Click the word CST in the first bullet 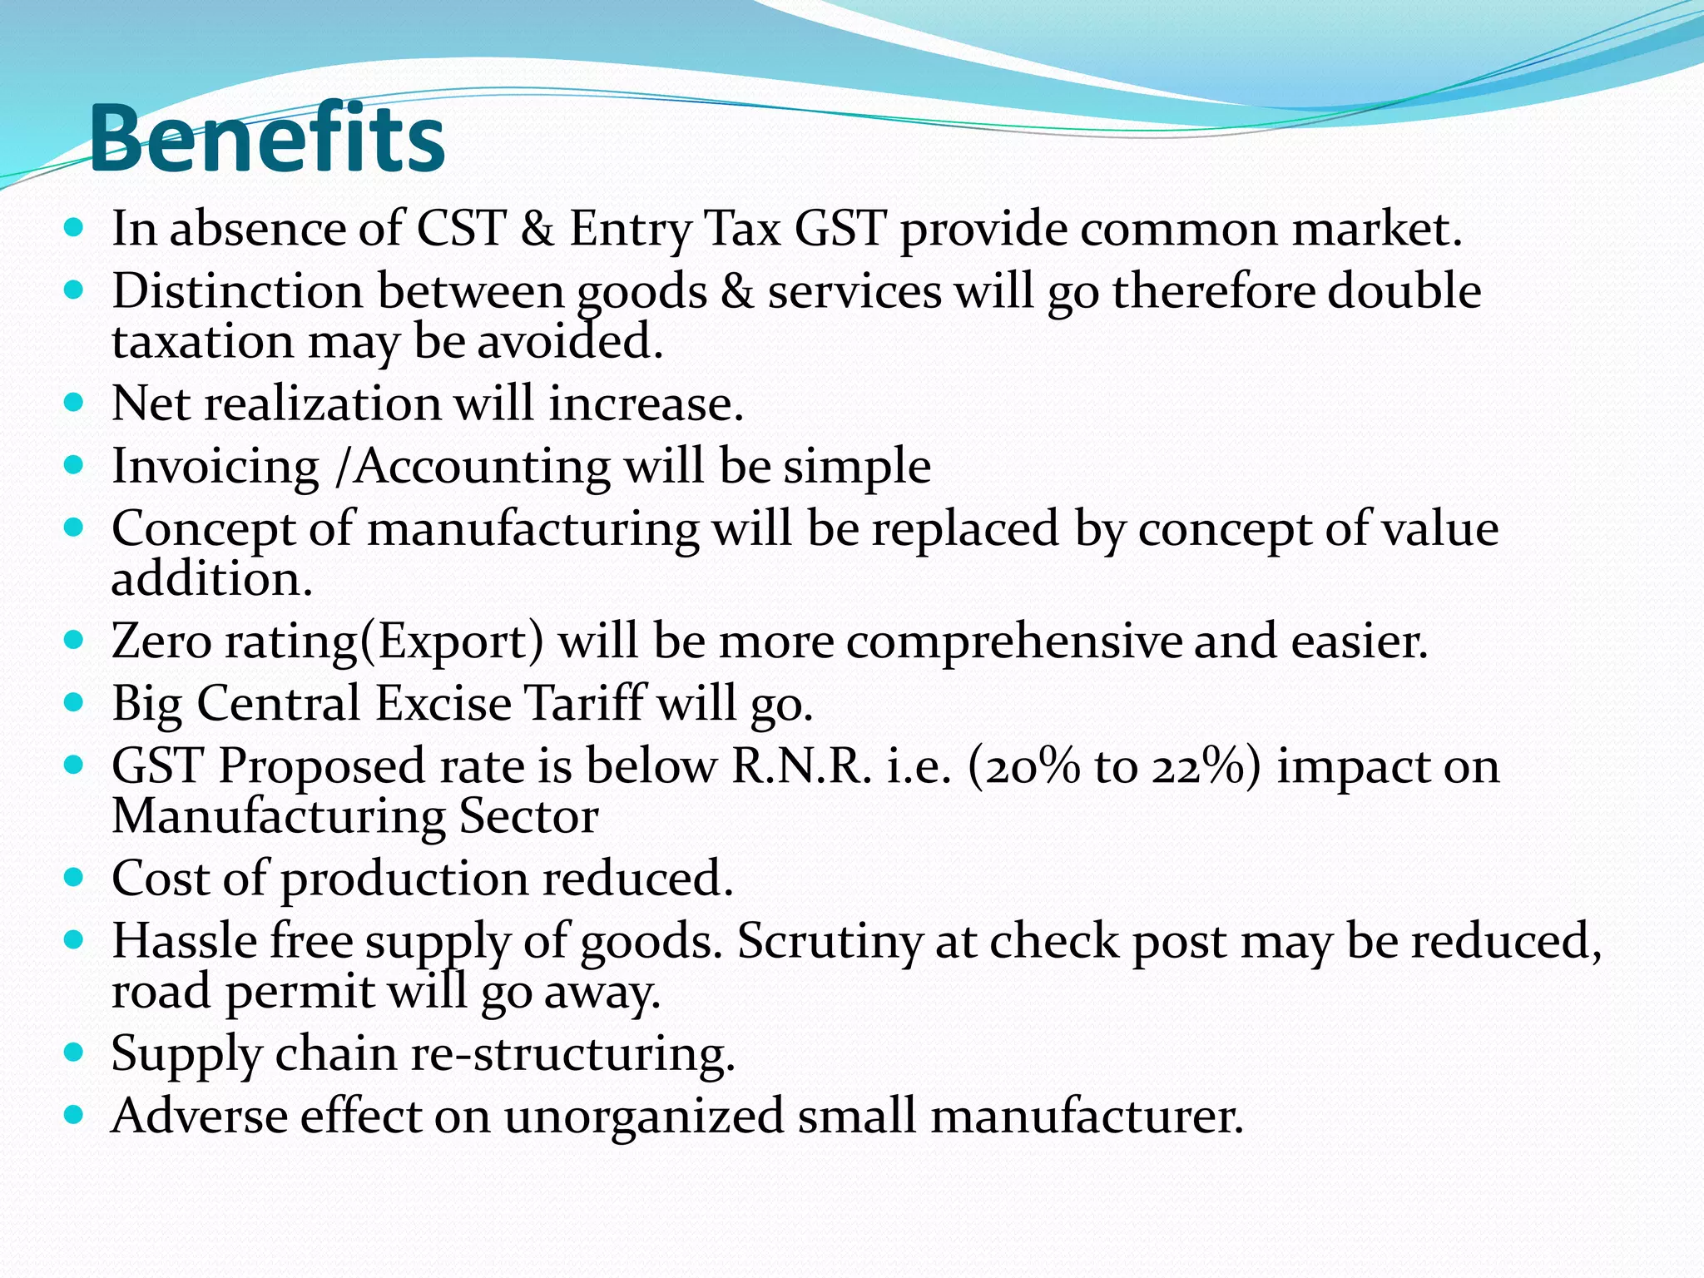(460, 229)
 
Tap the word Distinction (237, 292)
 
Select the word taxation (202, 342)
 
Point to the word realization (322, 404)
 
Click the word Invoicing (215, 467)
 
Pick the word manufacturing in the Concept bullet (532, 530)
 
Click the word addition (211, 579)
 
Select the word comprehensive (1014, 642)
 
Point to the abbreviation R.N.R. (801, 766)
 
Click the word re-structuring (573, 1054)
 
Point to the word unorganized (643, 1117)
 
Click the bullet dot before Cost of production (74, 877)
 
